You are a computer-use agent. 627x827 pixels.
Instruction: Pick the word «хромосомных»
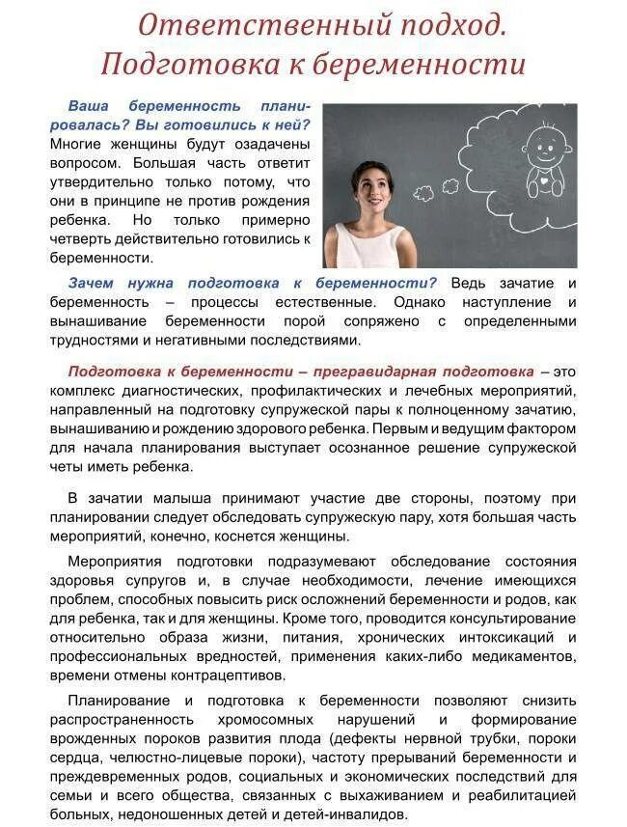pyautogui.click(x=263, y=720)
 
